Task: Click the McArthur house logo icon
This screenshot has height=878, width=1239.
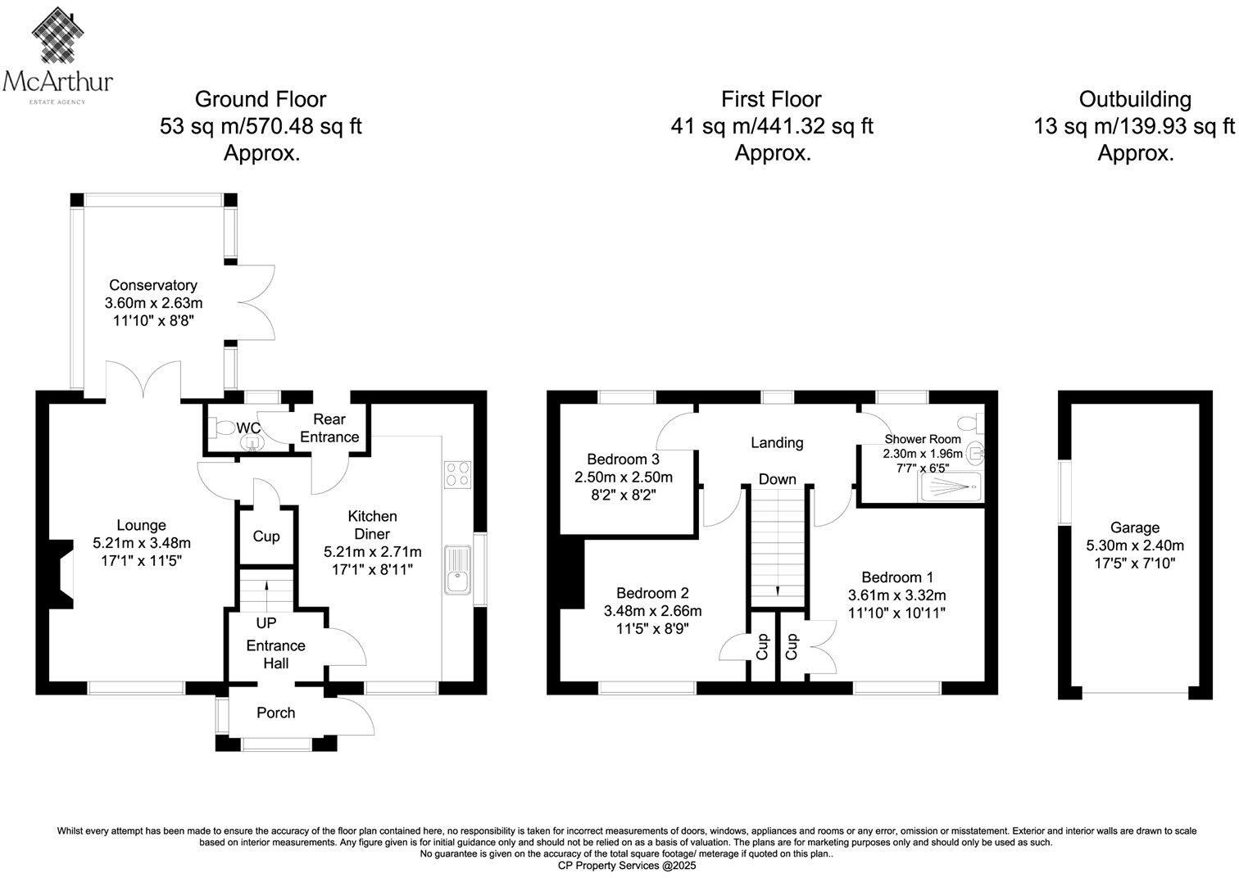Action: [x=57, y=35]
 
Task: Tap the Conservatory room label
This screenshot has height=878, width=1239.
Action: [x=153, y=285]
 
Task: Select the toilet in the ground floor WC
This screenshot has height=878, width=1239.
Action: [x=222, y=428]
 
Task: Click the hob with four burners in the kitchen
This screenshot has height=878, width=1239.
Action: [x=457, y=474]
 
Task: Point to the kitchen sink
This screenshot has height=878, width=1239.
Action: [x=457, y=570]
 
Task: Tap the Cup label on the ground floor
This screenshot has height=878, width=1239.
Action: [x=266, y=536]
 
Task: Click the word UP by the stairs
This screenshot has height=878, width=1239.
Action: [x=266, y=623]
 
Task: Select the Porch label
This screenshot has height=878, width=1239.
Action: [x=276, y=713]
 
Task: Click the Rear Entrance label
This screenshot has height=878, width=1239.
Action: [x=329, y=428]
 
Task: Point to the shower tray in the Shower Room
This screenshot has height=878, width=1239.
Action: [x=950, y=487]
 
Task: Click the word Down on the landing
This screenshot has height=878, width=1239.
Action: [x=777, y=479]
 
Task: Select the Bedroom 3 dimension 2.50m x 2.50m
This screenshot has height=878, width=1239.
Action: [x=624, y=477]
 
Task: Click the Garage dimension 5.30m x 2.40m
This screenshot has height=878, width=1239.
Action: [x=1135, y=545]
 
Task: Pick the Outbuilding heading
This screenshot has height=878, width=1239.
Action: [x=1135, y=100]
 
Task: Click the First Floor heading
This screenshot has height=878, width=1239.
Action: [x=771, y=100]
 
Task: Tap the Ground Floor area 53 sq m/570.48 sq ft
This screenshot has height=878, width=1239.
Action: [x=261, y=126]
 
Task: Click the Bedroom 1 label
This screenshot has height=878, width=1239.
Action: [x=897, y=577]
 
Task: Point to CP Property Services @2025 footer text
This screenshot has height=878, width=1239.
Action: [x=627, y=866]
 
